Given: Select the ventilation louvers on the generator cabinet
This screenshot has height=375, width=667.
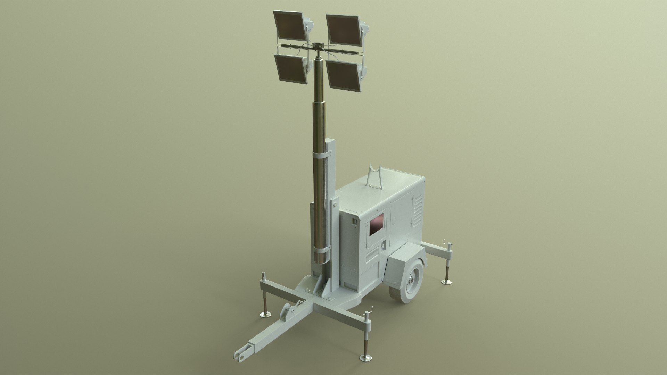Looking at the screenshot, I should point(418,208).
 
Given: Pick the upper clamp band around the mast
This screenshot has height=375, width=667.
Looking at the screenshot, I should point(78,156).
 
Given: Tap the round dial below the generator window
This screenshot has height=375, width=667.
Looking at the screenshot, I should point(384,245).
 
